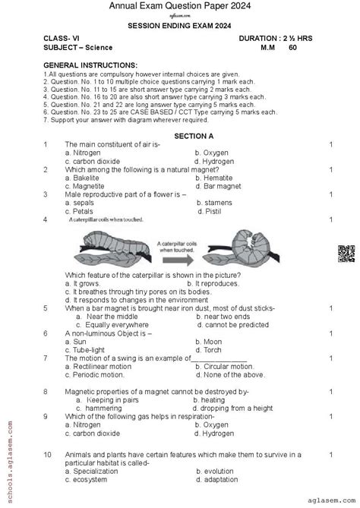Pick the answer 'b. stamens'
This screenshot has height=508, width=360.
tap(213, 204)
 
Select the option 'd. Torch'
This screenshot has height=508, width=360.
tap(210, 349)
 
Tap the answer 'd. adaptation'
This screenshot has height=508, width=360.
tap(221, 480)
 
